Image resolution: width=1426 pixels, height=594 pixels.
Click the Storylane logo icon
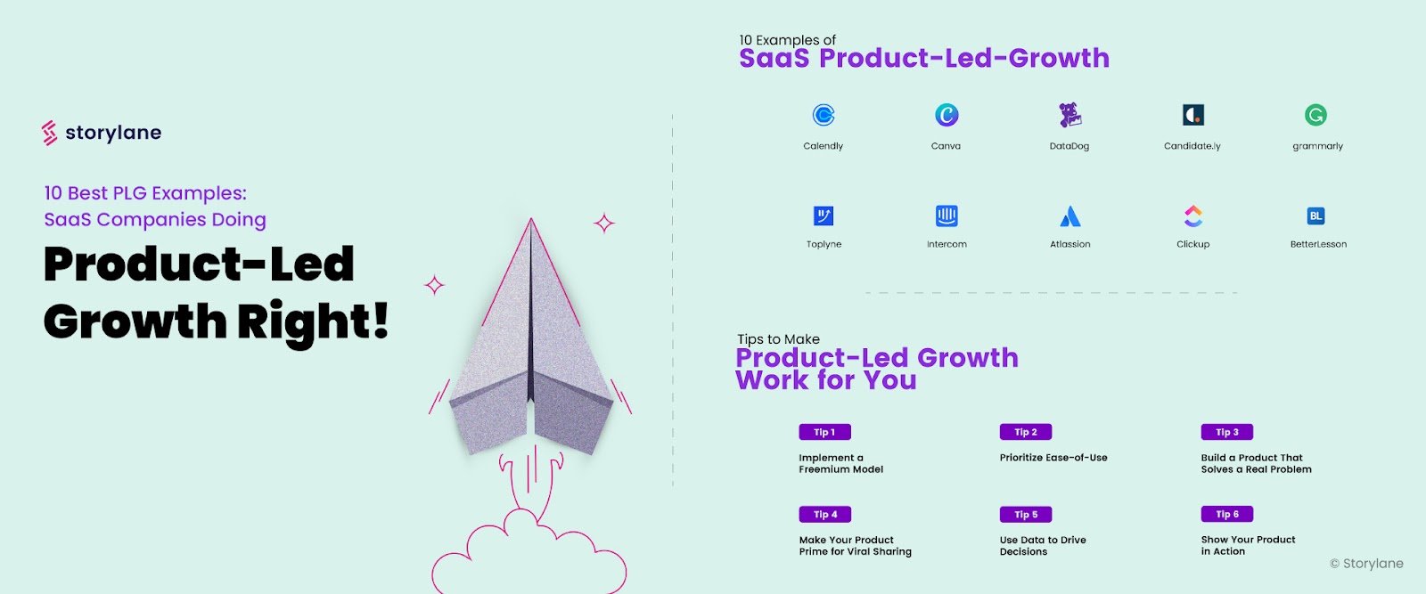[x=50, y=133]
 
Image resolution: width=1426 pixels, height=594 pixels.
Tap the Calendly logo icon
[x=824, y=115]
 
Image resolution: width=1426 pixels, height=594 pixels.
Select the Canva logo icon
[x=947, y=115]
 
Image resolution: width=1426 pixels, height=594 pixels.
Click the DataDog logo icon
[x=1069, y=115]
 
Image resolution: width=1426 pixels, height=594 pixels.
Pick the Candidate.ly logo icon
[x=1192, y=115]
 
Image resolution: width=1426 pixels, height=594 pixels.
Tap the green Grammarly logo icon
[x=1315, y=115]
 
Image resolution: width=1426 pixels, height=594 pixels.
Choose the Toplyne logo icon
[x=824, y=216]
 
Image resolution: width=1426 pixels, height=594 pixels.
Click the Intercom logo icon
[x=947, y=216]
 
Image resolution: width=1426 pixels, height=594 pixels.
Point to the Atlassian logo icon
[x=1069, y=216]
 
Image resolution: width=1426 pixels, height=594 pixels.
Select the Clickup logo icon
[x=1193, y=216]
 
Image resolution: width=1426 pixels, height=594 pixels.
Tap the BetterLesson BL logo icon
[x=1315, y=216]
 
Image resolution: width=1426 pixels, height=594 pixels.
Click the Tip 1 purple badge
[x=824, y=432]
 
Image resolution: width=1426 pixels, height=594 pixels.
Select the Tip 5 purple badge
[x=1026, y=514]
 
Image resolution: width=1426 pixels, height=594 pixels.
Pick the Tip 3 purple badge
[x=1227, y=432]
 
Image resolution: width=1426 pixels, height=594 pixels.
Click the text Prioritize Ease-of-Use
[x=1053, y=458]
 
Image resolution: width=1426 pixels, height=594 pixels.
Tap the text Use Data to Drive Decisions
[x=1043, y=546]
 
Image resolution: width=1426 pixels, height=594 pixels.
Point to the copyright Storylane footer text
[x=1366, y=564]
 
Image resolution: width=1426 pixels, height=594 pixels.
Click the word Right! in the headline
[x=313, y=321]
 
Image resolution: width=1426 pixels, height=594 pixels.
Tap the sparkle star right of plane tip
[x=604, y=223]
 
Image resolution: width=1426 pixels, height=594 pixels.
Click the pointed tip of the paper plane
[x=531, y=221]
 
